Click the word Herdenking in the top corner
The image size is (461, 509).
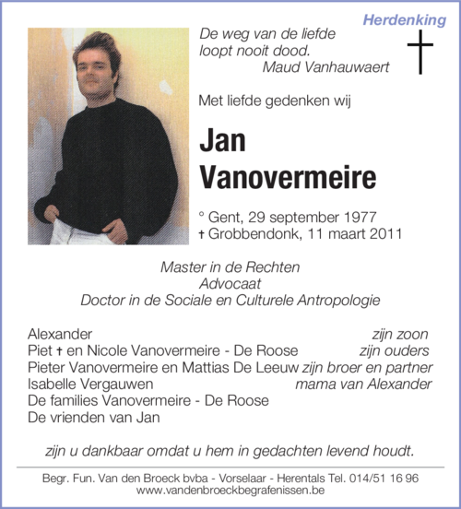click(x=404, y=19)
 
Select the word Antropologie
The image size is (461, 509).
click(x=337, y=301)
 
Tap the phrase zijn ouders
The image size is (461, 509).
click(x=394, y=350)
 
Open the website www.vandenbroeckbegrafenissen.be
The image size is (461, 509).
click(x=229, y=492)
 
